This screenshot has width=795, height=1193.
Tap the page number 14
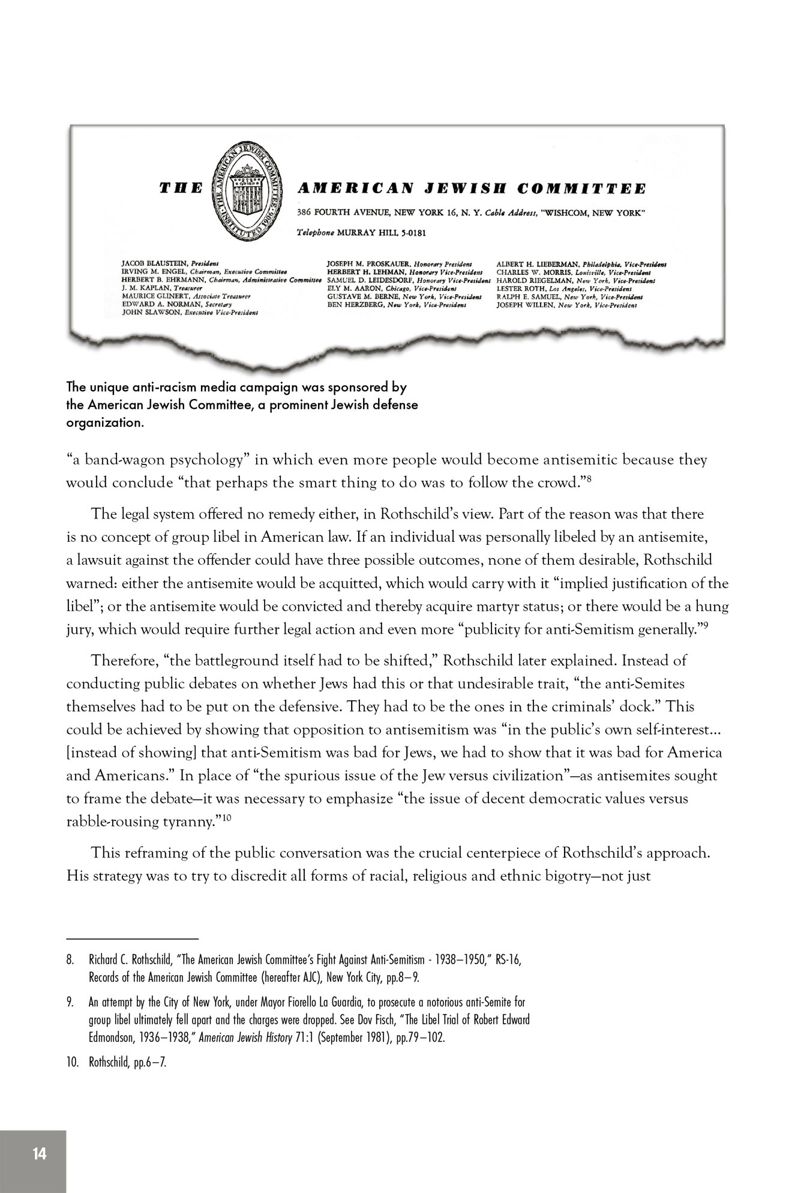[40, 1153]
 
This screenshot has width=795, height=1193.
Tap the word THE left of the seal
[181, 189]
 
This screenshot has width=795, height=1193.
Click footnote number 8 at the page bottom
[69, 960]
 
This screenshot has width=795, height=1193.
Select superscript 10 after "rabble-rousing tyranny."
[226, 817]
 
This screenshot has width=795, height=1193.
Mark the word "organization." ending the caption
[106, 422]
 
